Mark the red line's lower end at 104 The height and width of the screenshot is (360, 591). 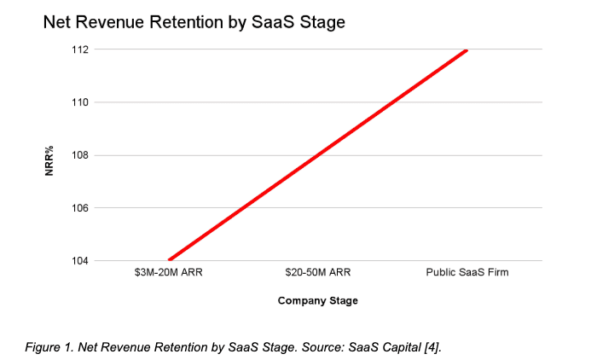point(169,260)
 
